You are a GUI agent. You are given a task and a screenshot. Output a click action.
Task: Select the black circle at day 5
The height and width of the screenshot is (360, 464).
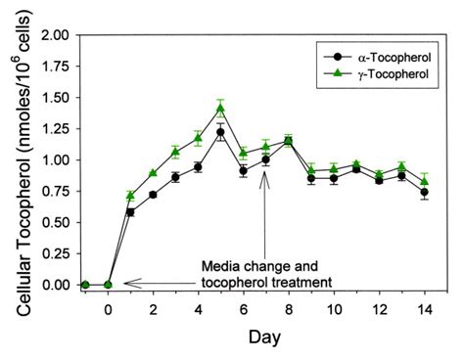220,131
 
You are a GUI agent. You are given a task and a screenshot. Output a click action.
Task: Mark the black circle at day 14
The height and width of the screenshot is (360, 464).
423,192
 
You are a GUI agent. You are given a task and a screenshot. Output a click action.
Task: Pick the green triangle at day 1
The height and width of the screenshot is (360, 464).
130,196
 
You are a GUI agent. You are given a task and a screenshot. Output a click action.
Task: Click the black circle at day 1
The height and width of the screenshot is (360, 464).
130,211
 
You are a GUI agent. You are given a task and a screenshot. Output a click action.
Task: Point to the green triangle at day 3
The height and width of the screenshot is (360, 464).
175,152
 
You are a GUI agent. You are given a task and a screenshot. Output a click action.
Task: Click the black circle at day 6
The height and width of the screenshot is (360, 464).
243,170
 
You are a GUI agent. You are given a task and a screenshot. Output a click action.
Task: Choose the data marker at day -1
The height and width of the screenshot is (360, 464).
85,285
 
